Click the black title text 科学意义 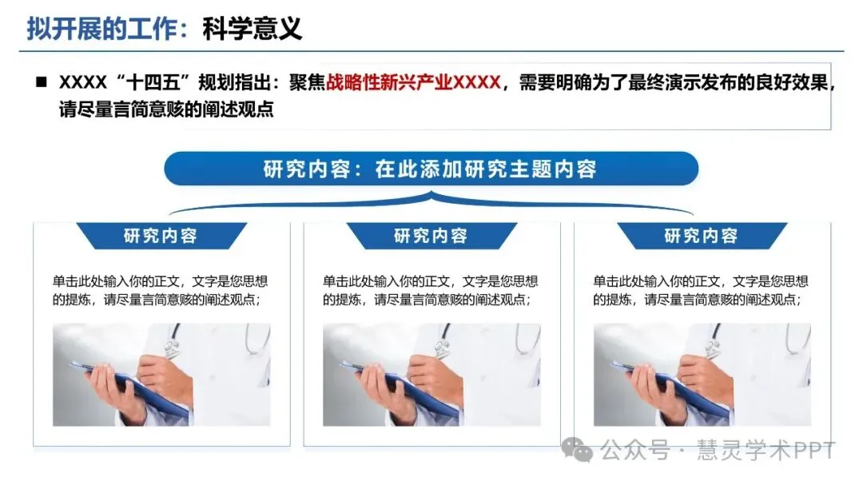pyautogui.click(x=252, y=28)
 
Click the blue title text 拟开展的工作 pyautogui.click(x=102, y=28)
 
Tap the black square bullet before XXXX pyautogui.click(x=42, y=82)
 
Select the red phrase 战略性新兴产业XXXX pyautogui.click(x=413, y=82)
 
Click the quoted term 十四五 pyautogui.click(x=153, y=82)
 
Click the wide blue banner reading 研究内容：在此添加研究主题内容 pyautogui.click(x=431, y=169)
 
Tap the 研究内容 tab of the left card pyautogui.click(x=161, y=236)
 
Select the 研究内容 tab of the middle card pyautogui.click(x=431, y=236)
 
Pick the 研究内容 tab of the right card pyautogui.click(x=702, y=236)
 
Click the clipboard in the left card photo pyautogui.click(x=132, y=385)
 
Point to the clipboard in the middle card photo pyautogui.click(x=402, y=385)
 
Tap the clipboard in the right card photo pyautogui.click(x=673, y=385)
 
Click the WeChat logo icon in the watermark pyautogui.click(x=577, y=451)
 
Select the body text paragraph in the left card pyautogui.click(x=160, y=290)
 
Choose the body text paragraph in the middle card pyautogui.click(x=431, y=290)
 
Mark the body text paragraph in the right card pyautogui.click(x=701, y=290)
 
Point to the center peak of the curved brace pyautogui.click(x=431, y=193)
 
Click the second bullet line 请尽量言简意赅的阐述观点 pyautogui.click(x=166, y=109)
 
